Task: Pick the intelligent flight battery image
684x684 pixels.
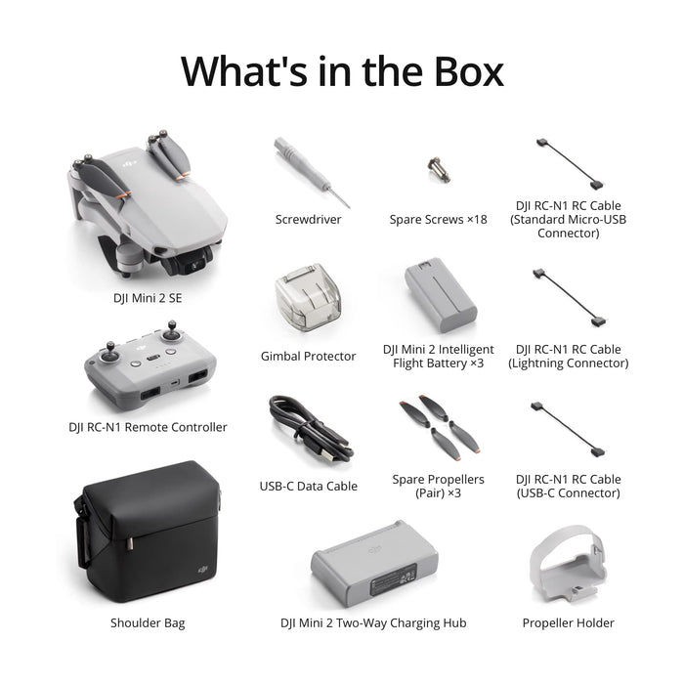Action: point(440,297)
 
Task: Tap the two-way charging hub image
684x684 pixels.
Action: point(372,572)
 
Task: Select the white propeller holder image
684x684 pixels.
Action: point(568,566)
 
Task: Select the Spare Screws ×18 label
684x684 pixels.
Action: point(438,220)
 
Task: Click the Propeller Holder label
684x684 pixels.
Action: point(568,622)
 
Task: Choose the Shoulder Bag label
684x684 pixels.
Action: point(148,622)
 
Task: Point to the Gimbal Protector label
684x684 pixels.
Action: point(308,357)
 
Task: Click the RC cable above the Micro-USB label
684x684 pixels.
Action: point(568,164)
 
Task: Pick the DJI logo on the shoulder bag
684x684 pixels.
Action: point(202,566)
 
